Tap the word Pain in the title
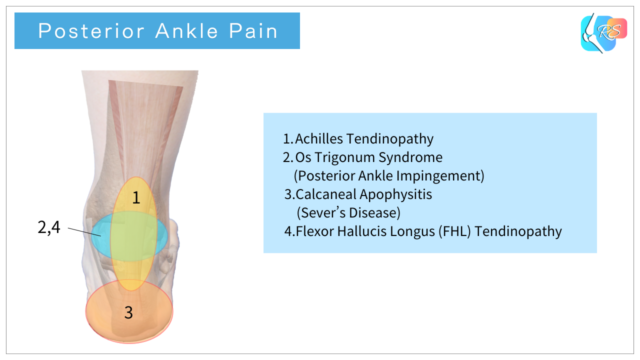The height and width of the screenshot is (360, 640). pyautogui.click(x=257, y=32)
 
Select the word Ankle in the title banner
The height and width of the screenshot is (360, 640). pyautogui.click(x=183, y=32)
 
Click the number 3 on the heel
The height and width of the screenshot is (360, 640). pyautogui.click(x=128, y=311)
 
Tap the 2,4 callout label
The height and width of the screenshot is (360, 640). pyautogui.click(x=49, y=228)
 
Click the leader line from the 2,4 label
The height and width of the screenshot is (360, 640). pyautogui.click(x=85, y=234)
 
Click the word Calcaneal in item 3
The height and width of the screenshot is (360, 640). pyautogui.click(x=330, y=194)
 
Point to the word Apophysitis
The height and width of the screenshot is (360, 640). pyautogui.click(x=406, y=194)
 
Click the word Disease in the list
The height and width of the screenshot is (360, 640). pyautogui.click(x=375, y=212)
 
